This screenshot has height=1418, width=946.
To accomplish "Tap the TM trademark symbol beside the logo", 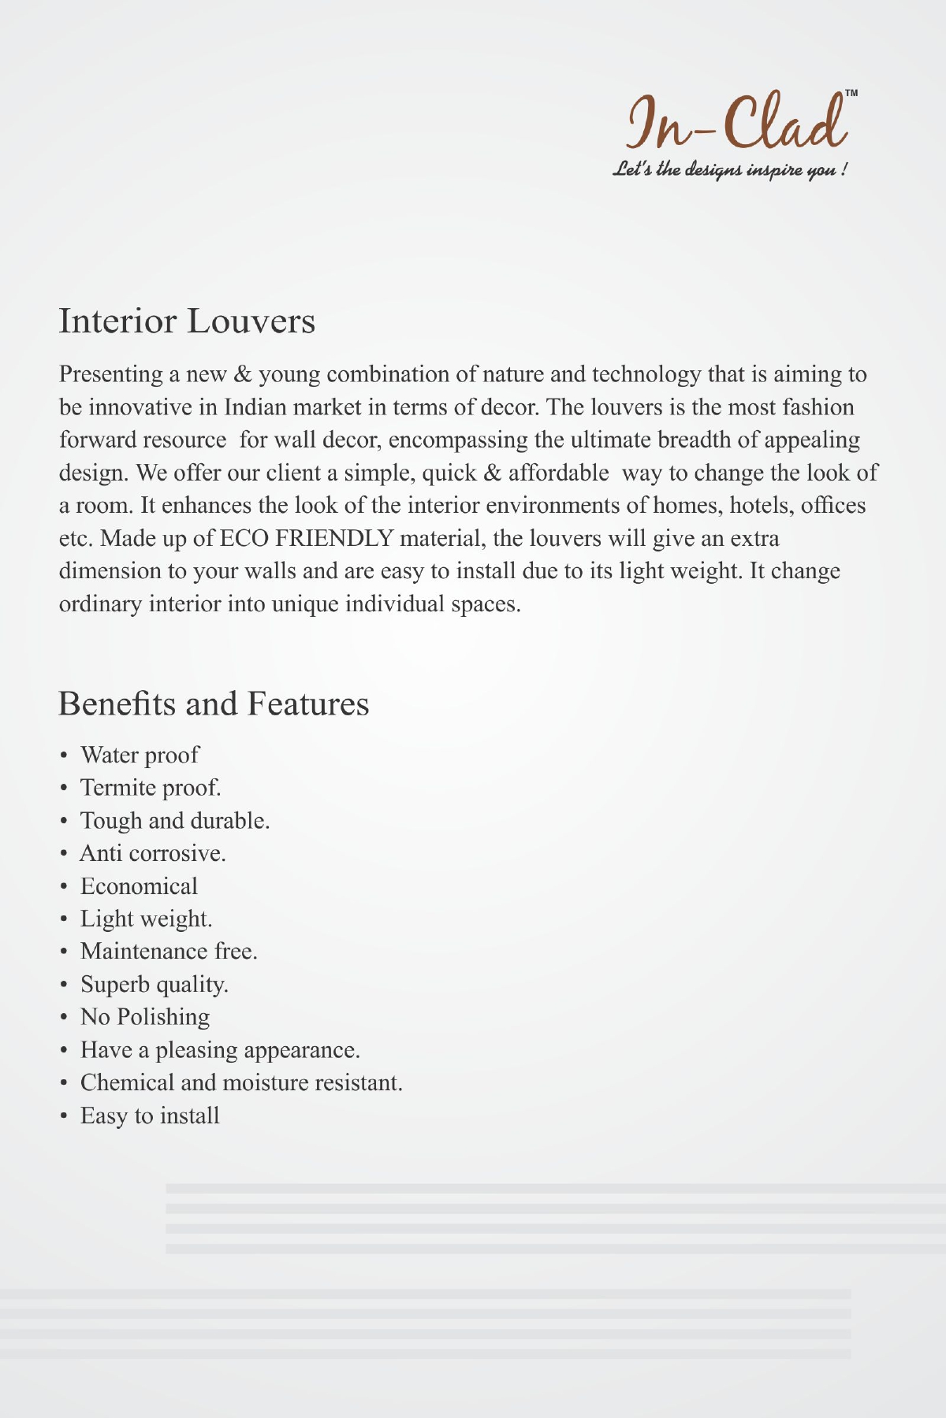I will pyautogui.click(x=851, y=94).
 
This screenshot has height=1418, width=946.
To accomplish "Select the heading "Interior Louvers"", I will pyautogui.click(x=187, y=321).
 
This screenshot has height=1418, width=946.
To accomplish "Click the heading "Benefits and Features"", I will pyautogui.click(x=214, y=703).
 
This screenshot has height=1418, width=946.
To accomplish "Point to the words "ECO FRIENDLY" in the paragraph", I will pyautogui.click(x=307, y=539).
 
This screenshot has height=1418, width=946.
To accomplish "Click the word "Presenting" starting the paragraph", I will pyautogui.click(x=110, y=374).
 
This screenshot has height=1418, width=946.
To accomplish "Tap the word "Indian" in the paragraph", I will pyautogui.click(x=255, y=407).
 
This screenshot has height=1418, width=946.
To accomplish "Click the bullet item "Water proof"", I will pyautogui.click(x=140, y=755).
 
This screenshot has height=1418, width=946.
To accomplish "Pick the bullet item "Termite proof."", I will pyautogui.click(x=151, y=788).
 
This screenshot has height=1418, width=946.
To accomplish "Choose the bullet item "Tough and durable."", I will pyautogui.click(x=175, y=821).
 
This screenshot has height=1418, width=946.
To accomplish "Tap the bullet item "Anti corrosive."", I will pyautogui.click(x=153, y=853).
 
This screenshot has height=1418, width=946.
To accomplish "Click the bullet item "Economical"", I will pyautogui.click(x=139, y=886).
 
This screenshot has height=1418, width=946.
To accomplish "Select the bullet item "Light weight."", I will pyautogui.click(x=147, y=919).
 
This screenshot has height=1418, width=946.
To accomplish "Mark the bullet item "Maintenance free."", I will pyautogui.click(x=169, y=952).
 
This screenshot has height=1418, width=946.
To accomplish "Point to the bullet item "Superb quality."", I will pyautogui.click(x=155, y=985).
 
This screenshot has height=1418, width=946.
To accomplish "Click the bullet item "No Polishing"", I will pyautogui.click(x=145, y=1017).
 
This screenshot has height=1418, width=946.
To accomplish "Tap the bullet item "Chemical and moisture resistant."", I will pyautogui.click(x=241, y=1082).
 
